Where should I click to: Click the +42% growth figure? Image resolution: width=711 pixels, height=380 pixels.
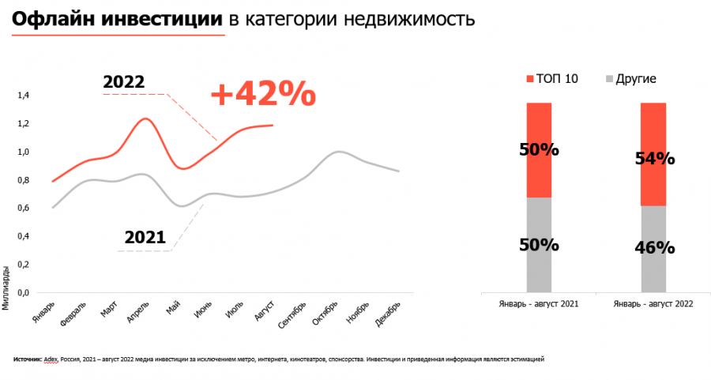(263, 95)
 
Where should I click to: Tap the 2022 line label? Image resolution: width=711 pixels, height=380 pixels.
(123, 83)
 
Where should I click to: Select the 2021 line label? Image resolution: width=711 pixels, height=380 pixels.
(145, 237)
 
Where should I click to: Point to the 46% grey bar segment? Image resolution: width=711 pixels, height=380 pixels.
(654, 248)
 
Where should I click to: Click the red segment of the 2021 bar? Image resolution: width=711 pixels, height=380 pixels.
(539, 150)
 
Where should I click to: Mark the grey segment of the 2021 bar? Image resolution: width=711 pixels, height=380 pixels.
(539, 245)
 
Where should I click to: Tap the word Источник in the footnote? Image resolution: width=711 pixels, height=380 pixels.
(28, 359)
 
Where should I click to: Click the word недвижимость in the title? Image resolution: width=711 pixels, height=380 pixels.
(410, 19)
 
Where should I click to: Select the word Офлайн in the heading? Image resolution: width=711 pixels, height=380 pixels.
(50, 19)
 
